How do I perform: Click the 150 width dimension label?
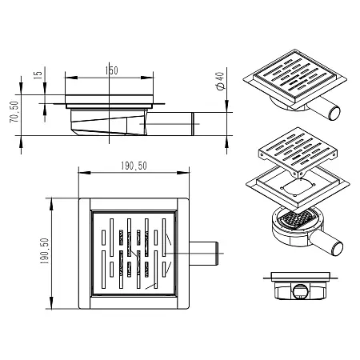(x=111, y=70)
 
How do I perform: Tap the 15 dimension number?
(x=38, y=74)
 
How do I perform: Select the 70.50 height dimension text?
(x=14, y=112)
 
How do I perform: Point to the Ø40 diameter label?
(x=221, y=81)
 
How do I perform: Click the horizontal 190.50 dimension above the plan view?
(x=134, y=166)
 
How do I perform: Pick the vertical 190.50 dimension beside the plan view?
(x=45, y=251)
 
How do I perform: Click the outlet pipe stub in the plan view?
(x=204, y=254)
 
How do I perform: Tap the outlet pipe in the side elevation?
(x=170, y=124)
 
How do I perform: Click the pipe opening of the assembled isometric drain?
(x=334, y=114)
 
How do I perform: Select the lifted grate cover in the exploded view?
(x=298, y=151)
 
